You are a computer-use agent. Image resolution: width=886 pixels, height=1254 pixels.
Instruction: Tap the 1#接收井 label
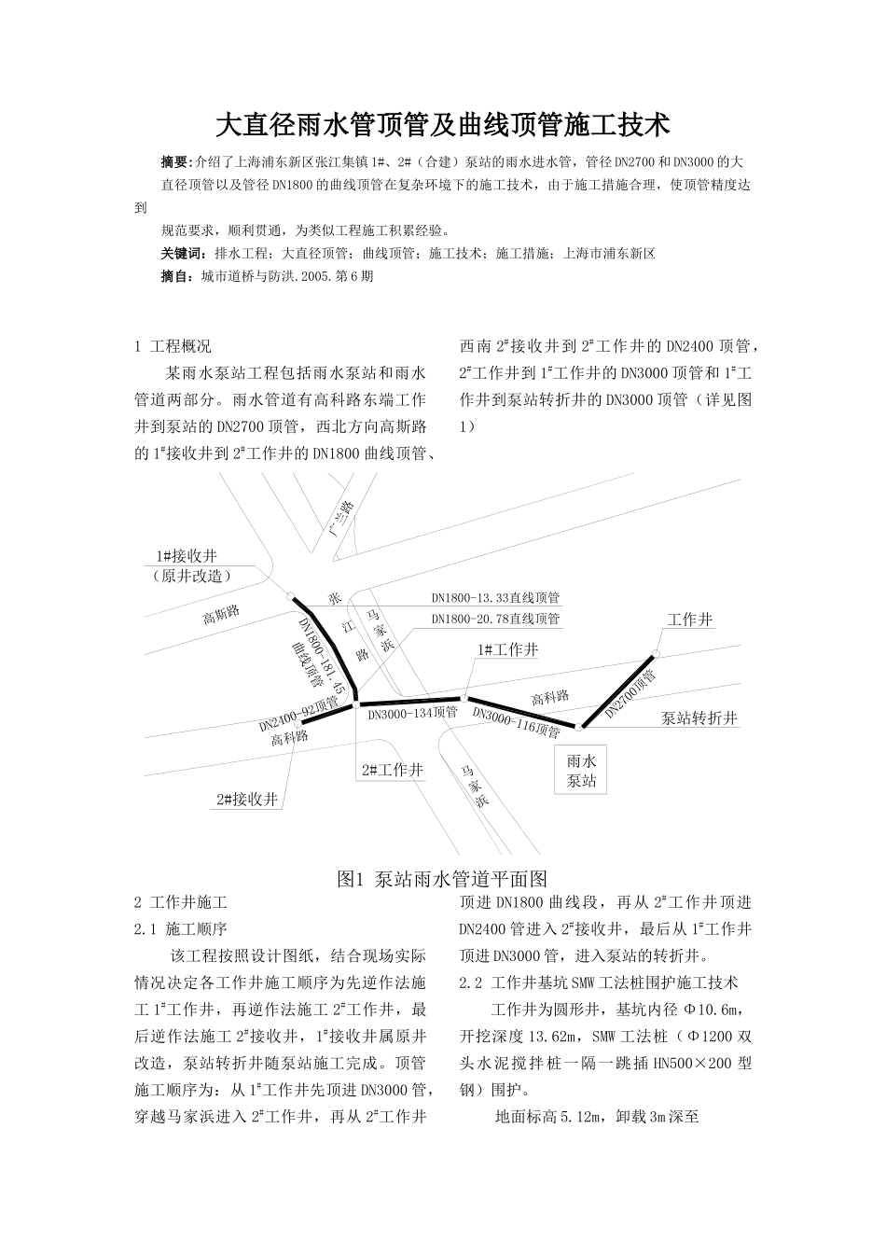click(x=187, y=557)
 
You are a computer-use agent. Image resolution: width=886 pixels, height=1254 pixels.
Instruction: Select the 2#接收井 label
click(x=247, y=800)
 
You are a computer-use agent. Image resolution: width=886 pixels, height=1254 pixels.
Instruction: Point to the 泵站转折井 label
click(x=699, y=718)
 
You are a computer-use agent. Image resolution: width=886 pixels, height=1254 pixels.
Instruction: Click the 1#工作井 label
click(x=507, y=650)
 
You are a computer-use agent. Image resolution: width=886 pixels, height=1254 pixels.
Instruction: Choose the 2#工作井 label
click(x=393, y=771)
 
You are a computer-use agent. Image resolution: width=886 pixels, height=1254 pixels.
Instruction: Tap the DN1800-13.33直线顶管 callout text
click(x=495, y=598)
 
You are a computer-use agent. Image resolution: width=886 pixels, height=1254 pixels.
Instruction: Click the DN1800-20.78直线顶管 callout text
click(x=495, y=619)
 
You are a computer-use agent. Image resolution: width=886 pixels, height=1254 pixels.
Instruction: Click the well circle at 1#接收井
click(x=291, y=595)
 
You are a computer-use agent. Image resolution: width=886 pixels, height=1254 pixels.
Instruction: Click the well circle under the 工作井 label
click(x=657, y=654)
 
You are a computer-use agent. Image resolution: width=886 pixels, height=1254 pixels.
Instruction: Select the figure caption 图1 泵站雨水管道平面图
click(x=441, y=879)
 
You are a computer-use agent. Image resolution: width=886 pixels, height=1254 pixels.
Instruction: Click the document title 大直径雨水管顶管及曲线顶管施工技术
click(x=443, y=124)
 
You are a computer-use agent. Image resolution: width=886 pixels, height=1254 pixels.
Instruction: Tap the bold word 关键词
click(x=182, y=254)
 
